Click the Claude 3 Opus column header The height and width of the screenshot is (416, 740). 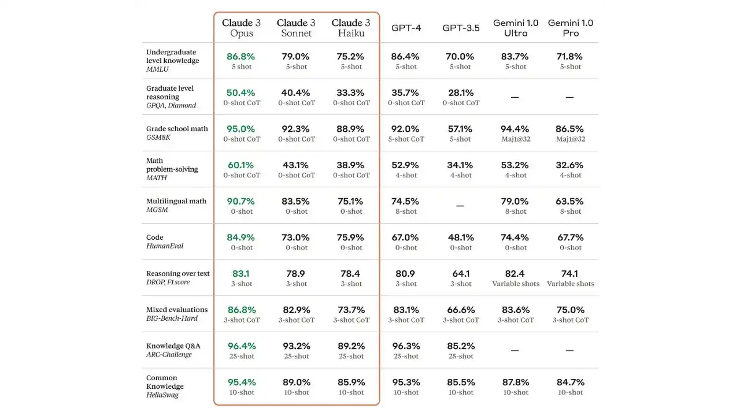coord(241,28)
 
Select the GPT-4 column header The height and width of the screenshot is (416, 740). coord(406,28)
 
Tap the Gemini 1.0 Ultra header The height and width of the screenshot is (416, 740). coord(515,28)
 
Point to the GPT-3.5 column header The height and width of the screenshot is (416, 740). coord(461,28)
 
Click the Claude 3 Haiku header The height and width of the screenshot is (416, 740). coord(350,28)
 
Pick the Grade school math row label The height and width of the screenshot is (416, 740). coord(177,129)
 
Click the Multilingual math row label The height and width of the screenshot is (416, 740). coord(176,201)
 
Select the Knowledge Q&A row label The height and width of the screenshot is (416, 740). coord(173,346)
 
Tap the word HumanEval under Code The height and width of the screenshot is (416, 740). coord(165,246)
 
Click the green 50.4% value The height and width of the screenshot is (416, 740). coord(241,92)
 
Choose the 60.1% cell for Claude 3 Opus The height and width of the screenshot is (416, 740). coord(241,165)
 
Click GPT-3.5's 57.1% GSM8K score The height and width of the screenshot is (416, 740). coord(460,129)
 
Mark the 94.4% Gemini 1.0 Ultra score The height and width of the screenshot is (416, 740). coord(515,129)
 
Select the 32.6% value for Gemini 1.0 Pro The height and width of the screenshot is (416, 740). coord(569,165)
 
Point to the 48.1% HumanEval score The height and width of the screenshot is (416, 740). coord(460,237)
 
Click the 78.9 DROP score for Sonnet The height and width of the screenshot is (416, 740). coord(296,274)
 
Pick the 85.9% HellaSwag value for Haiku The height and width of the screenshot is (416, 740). coord(351,382)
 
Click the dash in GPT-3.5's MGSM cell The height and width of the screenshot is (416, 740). coord(460,206)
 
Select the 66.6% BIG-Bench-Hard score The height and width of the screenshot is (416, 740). coord(460,310)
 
